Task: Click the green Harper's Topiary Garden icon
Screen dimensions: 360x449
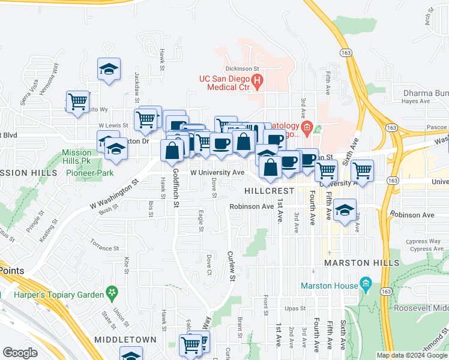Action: (x=111, y=292)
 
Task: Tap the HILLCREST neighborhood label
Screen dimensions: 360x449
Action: (x=269, y=190)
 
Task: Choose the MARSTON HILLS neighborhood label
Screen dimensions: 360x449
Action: (x=361, y=263)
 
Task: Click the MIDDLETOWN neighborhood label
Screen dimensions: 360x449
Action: (x=125, y=340)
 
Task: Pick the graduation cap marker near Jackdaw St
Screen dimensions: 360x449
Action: (x=109, y=69)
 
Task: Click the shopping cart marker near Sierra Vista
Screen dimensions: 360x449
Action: (x=78, y=102)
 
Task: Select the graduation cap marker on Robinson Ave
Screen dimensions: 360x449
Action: (x=345, y=211)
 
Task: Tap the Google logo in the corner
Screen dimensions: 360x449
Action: (x=20, y=353)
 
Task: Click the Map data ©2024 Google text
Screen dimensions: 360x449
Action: (x=412, y=355)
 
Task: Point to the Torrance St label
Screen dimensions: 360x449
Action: (x=104, y=248)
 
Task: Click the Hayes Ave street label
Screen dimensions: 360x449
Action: (x=417, y=101)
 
